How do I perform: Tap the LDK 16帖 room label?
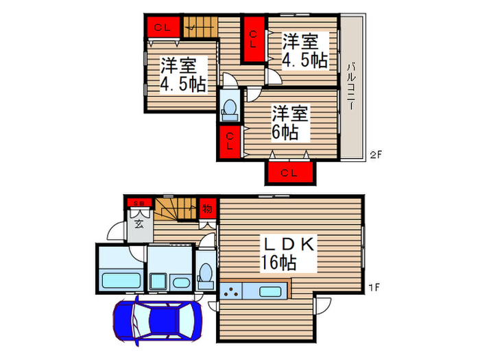[287, 252]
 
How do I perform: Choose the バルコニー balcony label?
[350, 87]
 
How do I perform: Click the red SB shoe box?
[139, 202]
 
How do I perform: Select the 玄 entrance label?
[139, 223]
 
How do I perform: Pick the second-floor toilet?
[230, 108]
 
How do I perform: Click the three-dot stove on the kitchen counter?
[232, 291]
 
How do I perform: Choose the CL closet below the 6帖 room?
[291, 173]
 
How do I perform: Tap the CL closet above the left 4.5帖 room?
[163, 27]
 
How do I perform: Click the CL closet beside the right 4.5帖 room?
[253, 40]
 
